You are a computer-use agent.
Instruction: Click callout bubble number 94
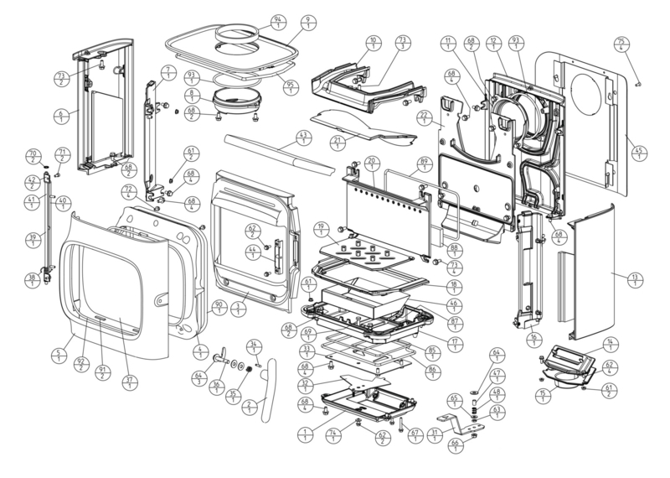[278, 20]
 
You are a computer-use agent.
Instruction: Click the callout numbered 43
[303, 138]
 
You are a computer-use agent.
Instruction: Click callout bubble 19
[320, 229]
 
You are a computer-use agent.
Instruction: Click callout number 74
[333, 434]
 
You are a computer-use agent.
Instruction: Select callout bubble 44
[251, 252]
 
